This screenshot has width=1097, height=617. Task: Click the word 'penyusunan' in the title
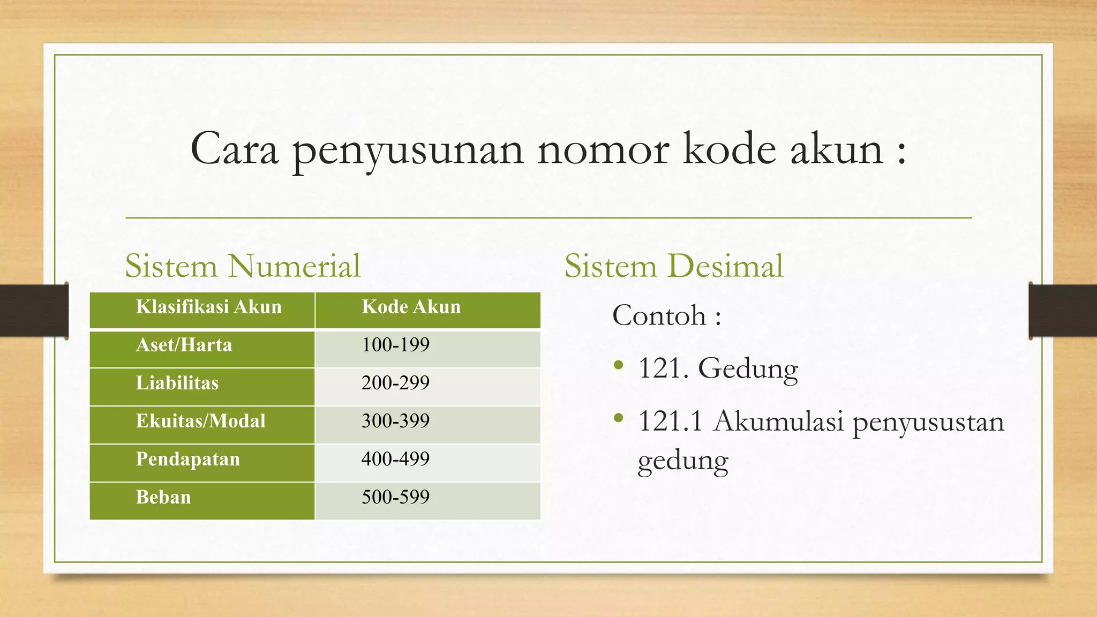coord(408,151)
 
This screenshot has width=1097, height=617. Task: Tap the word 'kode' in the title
coord(729,149)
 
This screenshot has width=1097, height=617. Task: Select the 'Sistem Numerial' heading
coord(243,266)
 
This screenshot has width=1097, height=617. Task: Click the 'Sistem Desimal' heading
coord(673,266)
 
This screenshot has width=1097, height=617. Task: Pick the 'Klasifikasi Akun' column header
coord(208,307)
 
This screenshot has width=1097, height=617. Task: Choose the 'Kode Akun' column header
coord(411,307)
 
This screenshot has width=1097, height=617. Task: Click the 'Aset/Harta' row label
coord(184,345)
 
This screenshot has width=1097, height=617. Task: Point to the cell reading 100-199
coord(395,345)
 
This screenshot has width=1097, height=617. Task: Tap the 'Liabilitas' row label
coord(177,383)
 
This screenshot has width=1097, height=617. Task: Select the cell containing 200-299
coord(395,383)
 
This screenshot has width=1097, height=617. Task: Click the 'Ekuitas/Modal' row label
coord(200,421)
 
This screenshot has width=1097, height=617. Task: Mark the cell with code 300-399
coord(395,421)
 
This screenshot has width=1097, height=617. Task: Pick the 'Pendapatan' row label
coord(187,459)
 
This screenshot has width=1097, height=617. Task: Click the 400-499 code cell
coord(395,459)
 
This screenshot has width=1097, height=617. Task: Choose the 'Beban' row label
coord(163,497)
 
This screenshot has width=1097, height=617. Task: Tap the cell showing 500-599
coord(395,497)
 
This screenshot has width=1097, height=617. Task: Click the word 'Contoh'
coord(659,315)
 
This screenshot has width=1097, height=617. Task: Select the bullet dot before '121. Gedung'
coord(619,366)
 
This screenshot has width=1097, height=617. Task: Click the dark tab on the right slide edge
coord(1062,311)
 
